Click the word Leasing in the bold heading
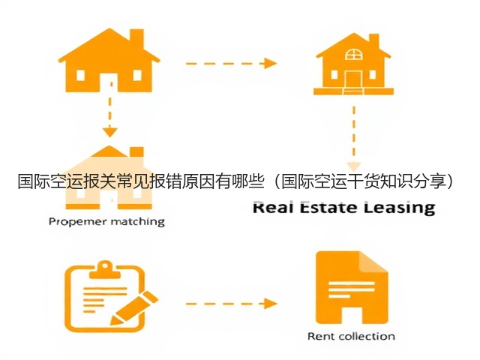[x=399, y=208]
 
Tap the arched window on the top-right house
[x=353, y=54]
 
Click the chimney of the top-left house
[x=136, y=38]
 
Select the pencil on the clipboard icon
[x=133, y=308]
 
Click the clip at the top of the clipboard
[x=106, y=270]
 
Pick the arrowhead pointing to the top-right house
[x=270, y=63]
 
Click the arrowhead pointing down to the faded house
[x=110, y=132]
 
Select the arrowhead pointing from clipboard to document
[x=270, y=304]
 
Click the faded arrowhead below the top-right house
[x=353, y=166]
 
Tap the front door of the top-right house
[x=353, y=79]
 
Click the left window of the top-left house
[x=80, y=75]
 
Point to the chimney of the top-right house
[x=374, y=41]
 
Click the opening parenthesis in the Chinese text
[x=275, y=181]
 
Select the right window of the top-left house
[x=137, y=75]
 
